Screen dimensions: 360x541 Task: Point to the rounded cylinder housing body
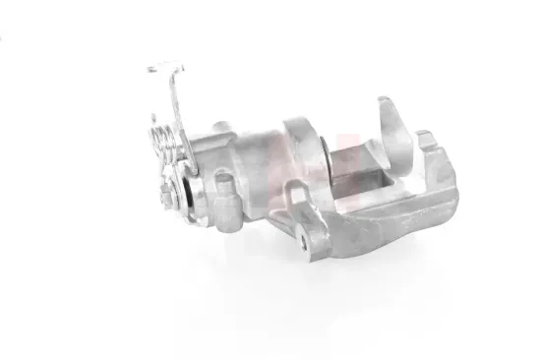tap(246, 157)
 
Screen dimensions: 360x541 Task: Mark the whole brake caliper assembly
tap(305, 167)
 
